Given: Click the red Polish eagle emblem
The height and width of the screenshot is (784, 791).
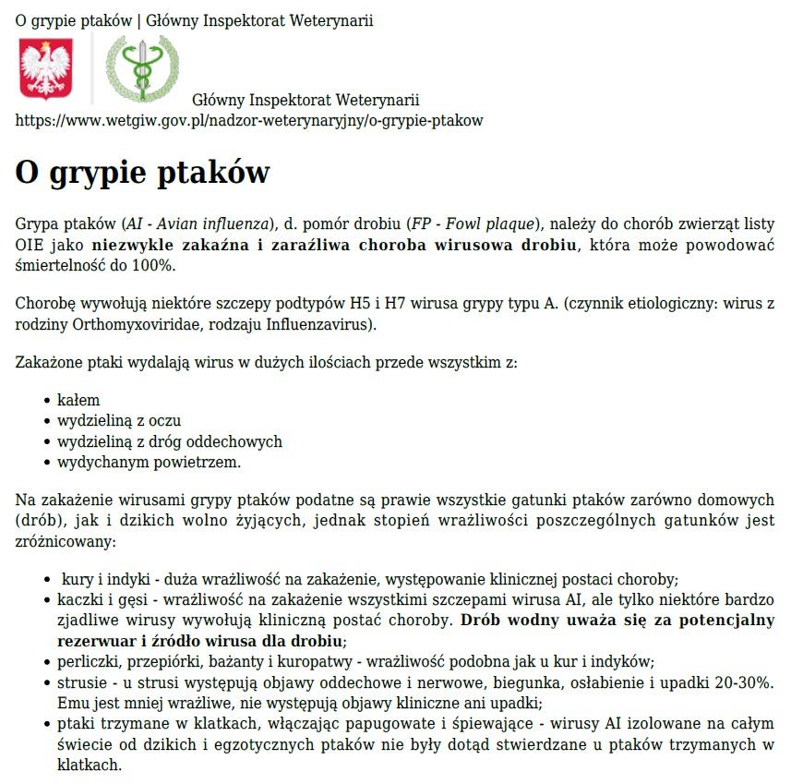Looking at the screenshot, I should point(45,69).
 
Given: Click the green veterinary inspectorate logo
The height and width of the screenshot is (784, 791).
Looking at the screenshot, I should point(142,69).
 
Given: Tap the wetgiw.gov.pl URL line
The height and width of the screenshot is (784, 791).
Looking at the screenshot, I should point(249,120).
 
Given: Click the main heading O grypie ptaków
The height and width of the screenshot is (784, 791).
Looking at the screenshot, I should point(142,173).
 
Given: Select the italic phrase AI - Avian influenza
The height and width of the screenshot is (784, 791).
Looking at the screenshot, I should point(199,224).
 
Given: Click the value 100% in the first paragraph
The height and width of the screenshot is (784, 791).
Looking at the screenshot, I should point(152,265).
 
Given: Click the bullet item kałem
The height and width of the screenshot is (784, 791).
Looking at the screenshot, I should point(78,401).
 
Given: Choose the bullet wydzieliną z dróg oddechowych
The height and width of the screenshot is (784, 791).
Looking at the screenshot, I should point(169,441).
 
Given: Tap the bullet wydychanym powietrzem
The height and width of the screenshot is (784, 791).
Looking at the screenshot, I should point(149,462).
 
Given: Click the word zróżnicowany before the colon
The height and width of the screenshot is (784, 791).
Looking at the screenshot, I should point(62,541).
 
